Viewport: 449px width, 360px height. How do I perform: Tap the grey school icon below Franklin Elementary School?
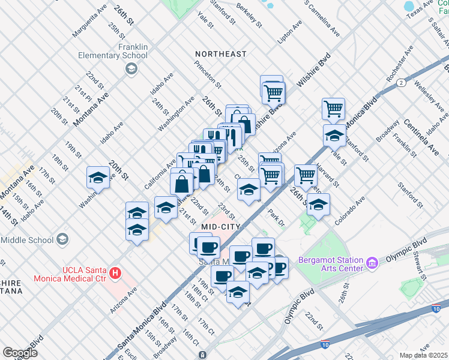[130, 69]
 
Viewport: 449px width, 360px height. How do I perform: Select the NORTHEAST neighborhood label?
[221, 54]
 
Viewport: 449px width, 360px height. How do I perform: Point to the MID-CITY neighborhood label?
[221, 226]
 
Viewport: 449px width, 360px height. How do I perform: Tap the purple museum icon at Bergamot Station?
[372, 263]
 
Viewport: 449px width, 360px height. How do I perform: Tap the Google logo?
[20, 352]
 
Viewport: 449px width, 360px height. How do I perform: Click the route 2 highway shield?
[400, 83]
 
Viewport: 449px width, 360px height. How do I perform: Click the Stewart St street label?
[417, 262]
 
